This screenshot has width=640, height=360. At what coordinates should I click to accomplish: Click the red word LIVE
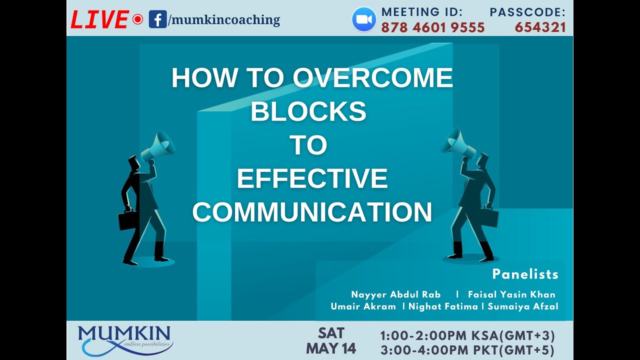(x=100, y=20)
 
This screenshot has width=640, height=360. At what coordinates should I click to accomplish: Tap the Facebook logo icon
(x=157, y=20)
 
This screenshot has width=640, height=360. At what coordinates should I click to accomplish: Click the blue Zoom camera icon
(x=364, y=19)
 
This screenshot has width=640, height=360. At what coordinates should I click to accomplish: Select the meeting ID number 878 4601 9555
(x=433, y=27)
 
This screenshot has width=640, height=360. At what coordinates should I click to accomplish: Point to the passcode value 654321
(x=540, y=27)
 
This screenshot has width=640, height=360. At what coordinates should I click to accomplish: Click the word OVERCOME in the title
(x=372, y=78)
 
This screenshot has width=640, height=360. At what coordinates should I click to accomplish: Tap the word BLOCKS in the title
(x=308, y=111)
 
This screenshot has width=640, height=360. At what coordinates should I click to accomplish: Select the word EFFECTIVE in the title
(x=312, y=178)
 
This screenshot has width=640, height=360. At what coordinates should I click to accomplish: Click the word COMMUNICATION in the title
(x=312, y=212)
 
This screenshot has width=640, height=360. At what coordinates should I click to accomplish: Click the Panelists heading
(x=525, y=274)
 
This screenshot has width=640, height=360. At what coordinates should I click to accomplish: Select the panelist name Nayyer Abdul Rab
(x=395, y=294)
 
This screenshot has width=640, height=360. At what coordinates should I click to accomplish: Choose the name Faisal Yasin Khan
(x=511, y=294)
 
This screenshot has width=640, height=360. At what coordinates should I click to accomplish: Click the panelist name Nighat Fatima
(x=443, y=306)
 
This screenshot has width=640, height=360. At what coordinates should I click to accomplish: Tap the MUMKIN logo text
(x=124, y=334)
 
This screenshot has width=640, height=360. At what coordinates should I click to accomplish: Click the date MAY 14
(x=331, y=348)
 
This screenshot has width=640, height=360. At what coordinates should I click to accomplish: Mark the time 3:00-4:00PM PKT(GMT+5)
(x=467, y=350)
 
